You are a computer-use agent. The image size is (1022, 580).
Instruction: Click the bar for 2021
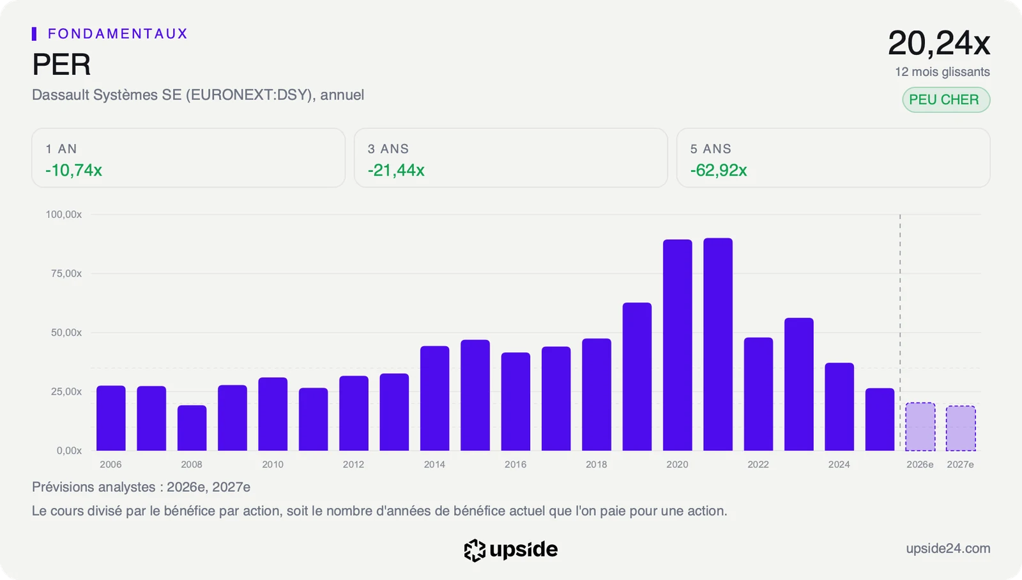point(718,344)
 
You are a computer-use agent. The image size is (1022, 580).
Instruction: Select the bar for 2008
point(192,428)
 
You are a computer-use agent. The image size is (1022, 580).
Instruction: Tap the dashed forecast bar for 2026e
point(920,427)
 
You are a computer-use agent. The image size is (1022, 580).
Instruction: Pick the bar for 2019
point(637,376)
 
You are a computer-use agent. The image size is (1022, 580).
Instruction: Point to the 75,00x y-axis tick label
point(66,273)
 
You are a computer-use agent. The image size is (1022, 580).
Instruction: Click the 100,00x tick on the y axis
point(63,215)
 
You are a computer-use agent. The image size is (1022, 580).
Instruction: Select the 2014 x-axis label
point(434,464)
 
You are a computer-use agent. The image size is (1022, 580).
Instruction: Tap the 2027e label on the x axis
point(961,464)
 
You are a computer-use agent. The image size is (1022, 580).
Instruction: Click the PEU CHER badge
point(946,100)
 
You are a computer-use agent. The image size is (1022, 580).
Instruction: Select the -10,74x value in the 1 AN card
point(73,170)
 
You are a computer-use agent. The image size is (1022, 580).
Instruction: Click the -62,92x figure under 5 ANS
point(718,170)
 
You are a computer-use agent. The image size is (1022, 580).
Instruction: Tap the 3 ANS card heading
point(388,149)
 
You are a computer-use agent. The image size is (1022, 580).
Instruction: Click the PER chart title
point(61,65)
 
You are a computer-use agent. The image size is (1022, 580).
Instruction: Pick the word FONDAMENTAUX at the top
point(118,34)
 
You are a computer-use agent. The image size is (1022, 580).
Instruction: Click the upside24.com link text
point(948,548)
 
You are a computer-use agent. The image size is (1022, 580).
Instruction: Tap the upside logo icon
point(475,550)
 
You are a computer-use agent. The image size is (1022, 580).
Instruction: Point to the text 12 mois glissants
point(942,72)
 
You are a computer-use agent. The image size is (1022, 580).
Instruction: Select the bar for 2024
point(839,407)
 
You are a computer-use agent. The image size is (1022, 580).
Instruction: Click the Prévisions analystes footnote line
point(141,487)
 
